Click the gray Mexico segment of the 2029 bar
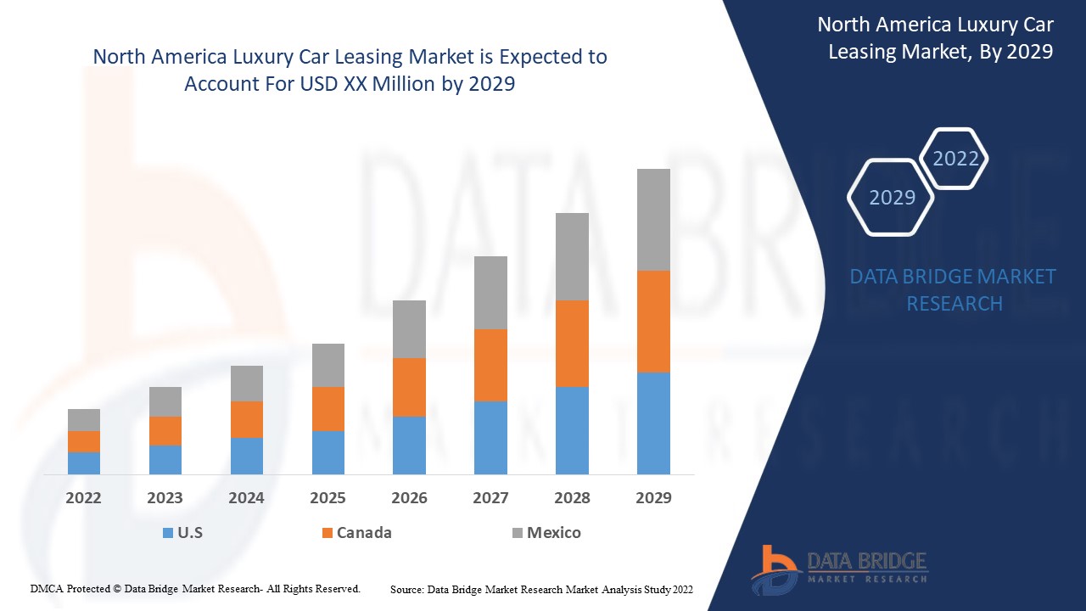pos(653,219)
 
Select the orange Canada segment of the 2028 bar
pos(572,343)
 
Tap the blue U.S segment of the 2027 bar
pos(490,437)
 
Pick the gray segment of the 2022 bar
pos(84,419)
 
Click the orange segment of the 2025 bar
pos(328,408)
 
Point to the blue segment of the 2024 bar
pos(247,456)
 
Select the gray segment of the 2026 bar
pos(409,328)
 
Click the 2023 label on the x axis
pos(165,498)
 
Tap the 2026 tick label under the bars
pos(409,498)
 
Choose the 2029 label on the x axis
pos(653,498)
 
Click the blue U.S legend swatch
pos(168,533)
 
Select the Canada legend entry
pos(363,533)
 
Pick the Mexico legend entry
pos(553,533)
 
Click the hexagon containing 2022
pos(954,159)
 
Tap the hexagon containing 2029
pos(891,197)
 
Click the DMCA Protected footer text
pos(195,588)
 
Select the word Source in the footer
pos(406,588)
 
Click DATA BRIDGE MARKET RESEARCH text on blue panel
pos(953,289)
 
